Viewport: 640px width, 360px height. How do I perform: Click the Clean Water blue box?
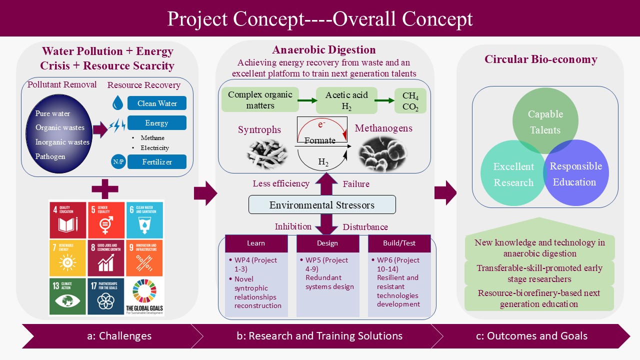tap(156, 103)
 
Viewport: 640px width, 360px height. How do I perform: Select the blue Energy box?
tap(156, 123)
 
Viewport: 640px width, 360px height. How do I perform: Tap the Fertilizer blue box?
tap(156, 162)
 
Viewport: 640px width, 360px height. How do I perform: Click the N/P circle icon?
tap(118, 162)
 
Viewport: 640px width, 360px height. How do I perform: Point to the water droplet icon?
tap(118, 103)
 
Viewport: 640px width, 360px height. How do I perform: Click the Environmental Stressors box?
tap(322, 205)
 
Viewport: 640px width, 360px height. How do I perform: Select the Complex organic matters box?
tap(258, 100)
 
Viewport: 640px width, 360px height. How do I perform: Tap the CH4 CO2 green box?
tap(410, 100)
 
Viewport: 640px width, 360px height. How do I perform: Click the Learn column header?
tap(256, 243)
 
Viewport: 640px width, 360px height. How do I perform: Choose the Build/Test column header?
tap(399, 243)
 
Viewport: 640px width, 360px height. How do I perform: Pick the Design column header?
tap(327, 243)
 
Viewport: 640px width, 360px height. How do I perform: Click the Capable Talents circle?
tap(545, 121)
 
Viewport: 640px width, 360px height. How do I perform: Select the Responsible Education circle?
tap(576, 174)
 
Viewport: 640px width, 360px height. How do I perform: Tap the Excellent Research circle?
tap(513, 174)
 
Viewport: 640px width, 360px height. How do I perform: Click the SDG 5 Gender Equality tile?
tap(106, 220)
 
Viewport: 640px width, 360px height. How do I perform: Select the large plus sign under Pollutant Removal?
tap(105, 188)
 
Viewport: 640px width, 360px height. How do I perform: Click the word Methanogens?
tap(383, 128)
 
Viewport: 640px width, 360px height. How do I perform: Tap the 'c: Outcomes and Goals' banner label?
tap(531, 336)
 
